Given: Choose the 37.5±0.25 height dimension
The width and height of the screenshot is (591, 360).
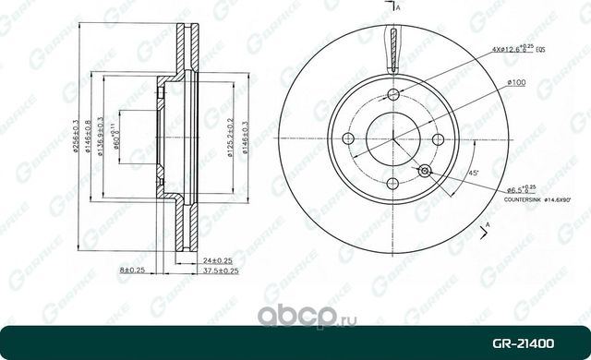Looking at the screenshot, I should [220, 270].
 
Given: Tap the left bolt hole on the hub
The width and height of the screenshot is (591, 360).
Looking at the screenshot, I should [348, 139].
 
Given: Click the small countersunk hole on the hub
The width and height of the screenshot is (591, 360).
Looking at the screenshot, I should [424, 171].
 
